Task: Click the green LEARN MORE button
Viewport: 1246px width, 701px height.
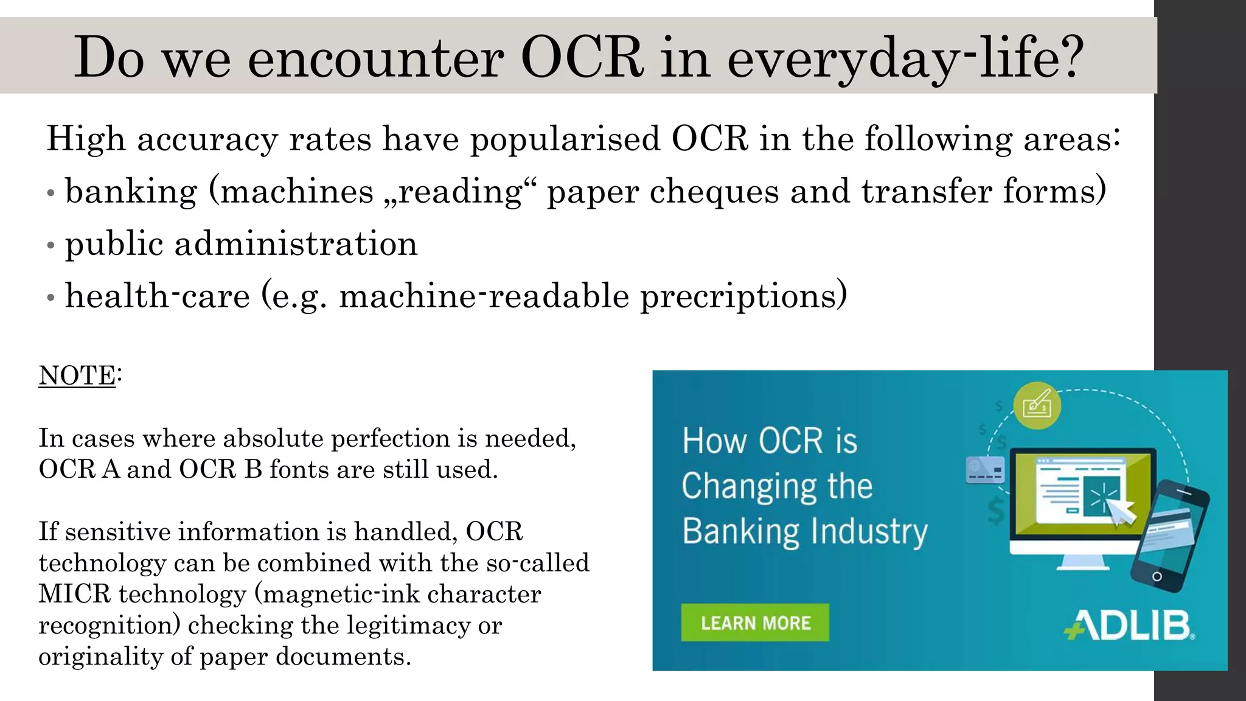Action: (x=754, y=623)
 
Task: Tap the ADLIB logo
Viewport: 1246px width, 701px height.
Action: (x=1129, y=626)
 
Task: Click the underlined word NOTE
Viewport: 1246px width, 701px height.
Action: (x=77, y=375)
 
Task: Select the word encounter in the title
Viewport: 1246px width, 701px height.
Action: (x=375, y=58)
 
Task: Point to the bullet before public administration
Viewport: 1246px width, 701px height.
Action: (x=51, y=246)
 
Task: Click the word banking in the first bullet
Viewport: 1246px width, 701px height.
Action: (x=131, y=192)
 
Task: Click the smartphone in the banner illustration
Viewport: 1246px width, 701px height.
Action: (x=1168, y=535)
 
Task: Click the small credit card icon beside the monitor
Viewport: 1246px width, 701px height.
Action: (x=985, y=470)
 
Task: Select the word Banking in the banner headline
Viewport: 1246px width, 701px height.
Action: (x=740, y=531)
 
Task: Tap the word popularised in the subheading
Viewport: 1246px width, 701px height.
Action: (x=565, y=139)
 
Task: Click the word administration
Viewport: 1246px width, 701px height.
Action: (x=296, y=245)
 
